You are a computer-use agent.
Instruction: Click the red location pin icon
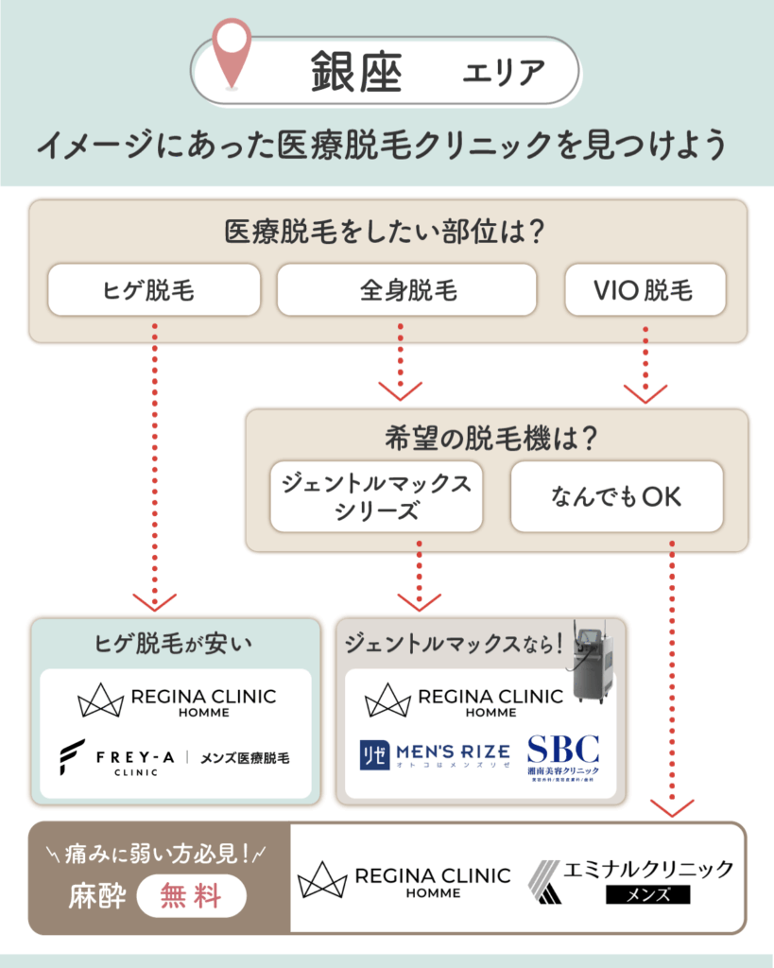230,47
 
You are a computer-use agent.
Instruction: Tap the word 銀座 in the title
356,73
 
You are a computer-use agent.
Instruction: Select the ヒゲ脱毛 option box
154,290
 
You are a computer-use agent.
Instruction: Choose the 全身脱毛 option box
406,290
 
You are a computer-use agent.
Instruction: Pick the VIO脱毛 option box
645,290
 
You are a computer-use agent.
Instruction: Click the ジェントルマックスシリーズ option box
376,496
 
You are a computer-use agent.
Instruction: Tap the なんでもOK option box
616,496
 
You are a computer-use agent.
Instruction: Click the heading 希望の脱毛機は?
496,438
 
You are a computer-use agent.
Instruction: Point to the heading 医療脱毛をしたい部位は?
387,231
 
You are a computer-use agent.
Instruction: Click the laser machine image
591,662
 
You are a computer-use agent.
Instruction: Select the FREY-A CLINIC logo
174,758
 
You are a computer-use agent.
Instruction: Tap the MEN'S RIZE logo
435,753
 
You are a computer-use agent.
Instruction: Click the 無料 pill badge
192,895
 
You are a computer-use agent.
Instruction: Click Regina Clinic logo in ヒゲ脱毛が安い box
177,700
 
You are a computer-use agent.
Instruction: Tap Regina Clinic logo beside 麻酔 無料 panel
404,880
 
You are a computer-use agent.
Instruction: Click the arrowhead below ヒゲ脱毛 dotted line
154,601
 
